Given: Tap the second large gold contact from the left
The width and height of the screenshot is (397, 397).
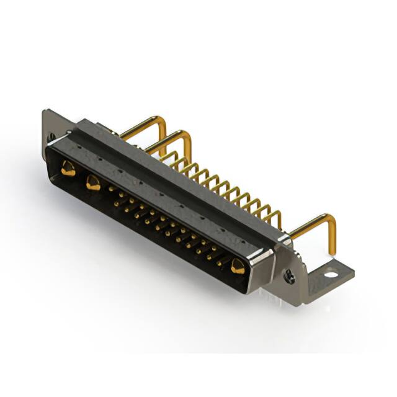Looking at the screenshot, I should (x=94, y=182).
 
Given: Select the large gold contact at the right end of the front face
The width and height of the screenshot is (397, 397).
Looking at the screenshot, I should (x=238, y=267).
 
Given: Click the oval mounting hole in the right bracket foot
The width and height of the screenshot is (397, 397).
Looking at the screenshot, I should (x=331, y=273).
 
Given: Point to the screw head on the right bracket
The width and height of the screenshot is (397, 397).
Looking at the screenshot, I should (x=288, y=277).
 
